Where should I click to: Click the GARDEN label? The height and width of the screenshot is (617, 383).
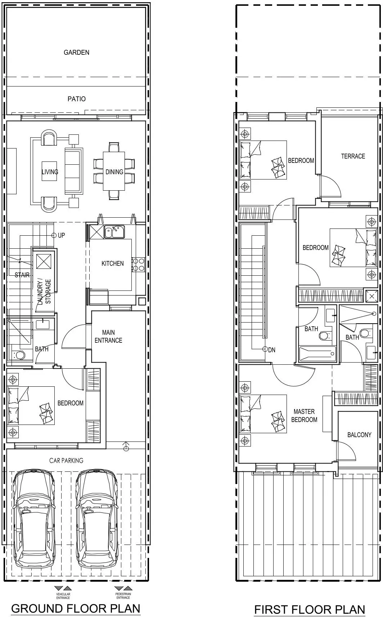click(x=76, y=52)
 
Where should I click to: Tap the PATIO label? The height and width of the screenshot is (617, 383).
click(x=76, y=99)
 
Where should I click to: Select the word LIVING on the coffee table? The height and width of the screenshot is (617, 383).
click(x=50, y=172)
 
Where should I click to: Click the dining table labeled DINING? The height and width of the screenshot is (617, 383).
click(x=114, y=171)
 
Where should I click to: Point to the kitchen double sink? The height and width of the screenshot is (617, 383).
click(x=114, y=231)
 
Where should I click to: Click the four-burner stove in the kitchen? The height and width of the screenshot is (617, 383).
click(x=138, y=265)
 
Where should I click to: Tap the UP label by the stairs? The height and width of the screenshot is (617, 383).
click(x=61, y=235)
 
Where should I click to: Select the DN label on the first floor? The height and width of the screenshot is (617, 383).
click(x=271, y=350)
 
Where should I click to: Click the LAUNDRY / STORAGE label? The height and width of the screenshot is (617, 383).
click(x=44, y=292)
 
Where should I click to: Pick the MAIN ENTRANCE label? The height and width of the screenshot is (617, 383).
click(x=108, y=336)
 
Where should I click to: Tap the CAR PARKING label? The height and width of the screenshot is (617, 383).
click(x=66, y=461)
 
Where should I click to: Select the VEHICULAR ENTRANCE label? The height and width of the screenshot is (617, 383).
click(x=63, y=596)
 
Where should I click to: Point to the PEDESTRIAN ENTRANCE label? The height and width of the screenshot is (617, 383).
click(x=123, y=596)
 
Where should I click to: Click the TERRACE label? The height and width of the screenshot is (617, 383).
click(x=353, y=156)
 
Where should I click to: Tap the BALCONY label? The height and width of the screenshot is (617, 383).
click(x=359, y=435)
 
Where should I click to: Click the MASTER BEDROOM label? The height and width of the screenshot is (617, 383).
click(x=304, y=416)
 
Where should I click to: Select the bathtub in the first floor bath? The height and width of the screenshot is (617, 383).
click(x=317, y=354)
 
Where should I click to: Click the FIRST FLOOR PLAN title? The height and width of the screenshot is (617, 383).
click(x=310, y=609)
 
